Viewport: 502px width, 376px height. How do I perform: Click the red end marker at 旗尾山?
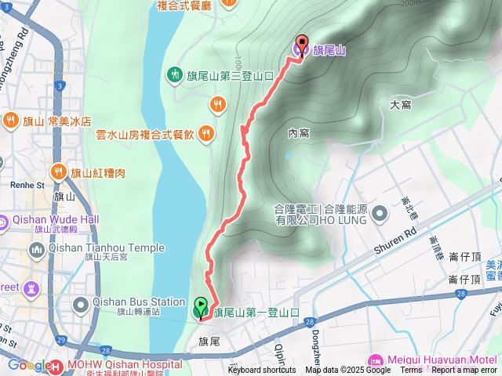pos(301,46)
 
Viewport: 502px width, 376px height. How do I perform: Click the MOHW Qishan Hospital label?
pos(118,365)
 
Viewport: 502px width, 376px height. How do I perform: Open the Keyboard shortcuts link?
pos(262,371)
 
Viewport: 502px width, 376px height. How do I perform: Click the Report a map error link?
pos(465,371)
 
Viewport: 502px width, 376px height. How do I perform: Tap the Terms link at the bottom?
pos(411,371)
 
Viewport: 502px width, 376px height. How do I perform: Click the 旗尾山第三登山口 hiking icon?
pos(174,75)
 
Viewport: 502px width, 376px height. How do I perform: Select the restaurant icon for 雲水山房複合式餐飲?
pos(206,133)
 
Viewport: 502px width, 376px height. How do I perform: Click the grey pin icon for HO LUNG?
pos(380,213)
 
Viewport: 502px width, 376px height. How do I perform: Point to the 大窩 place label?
pos(401,103)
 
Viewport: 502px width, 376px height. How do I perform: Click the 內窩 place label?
pos(298,133)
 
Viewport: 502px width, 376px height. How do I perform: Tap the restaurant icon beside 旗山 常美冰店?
pos(10,121)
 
